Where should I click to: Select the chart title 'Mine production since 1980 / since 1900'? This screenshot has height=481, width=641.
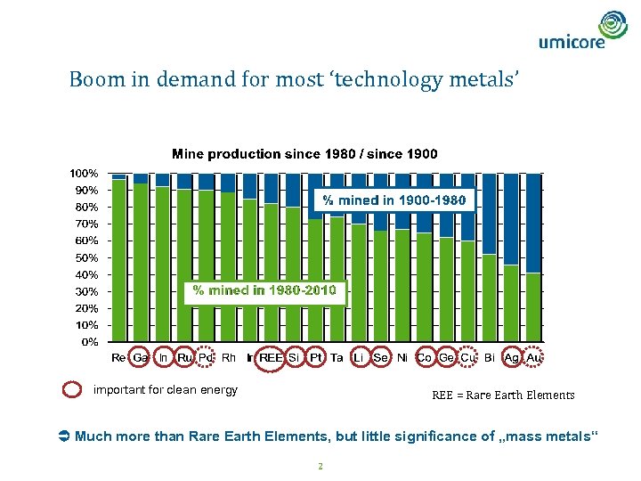[x=304, y=154]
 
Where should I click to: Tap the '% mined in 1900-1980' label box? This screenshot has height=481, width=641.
[x=393, y=200]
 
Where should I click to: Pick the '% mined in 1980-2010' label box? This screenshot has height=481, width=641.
[x=264, y=290]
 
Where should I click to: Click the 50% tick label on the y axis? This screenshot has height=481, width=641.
[x=86, y=257]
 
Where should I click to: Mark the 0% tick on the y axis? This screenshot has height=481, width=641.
[x=89, y=341]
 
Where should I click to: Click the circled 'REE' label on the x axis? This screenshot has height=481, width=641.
[x=271, y=358]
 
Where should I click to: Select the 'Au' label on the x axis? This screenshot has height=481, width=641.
[x=533, y=358]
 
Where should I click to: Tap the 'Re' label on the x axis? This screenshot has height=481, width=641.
[x=118, y=358]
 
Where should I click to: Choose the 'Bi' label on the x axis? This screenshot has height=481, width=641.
[x=489, y=358]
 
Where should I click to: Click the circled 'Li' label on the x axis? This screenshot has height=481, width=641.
[x=359, y=358]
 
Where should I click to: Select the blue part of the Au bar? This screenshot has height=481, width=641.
[x=533, y=223]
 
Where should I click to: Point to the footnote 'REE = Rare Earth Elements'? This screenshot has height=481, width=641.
[x=503, y=395]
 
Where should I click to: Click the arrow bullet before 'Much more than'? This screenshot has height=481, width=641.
[x=63, y=436]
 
